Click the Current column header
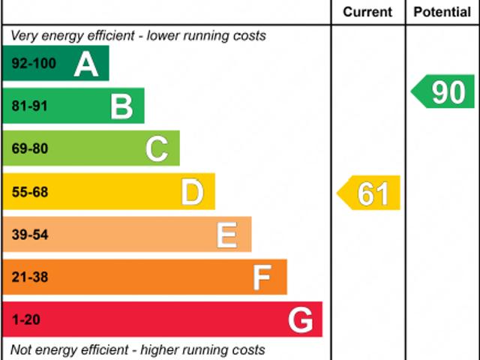[367, 12]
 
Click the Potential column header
[442, 12]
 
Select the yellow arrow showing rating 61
[369, 193]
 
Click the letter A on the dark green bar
[86, 64]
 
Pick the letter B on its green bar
[121, 106]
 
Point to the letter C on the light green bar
[157, 149]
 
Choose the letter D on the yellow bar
[193, 192]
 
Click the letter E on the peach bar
[227, 235]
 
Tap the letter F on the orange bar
[262, 277]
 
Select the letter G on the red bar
[300, 320]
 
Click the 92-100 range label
[34, 64]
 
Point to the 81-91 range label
[29, 106]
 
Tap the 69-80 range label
[29, 149]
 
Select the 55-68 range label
[29, 192]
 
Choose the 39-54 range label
[29, 235]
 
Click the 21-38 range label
[29, 277]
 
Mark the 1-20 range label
[26, 320]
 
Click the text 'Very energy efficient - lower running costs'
[138, 35]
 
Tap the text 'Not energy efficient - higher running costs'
[137, 349]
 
